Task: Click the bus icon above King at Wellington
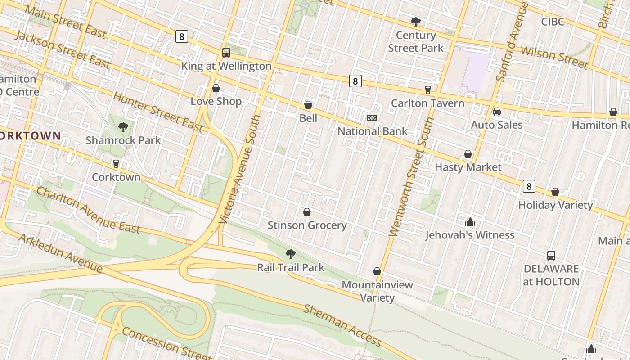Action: tap(226, 53)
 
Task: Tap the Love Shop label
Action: tap(216, 101)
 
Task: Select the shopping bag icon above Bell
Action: tap(308, 105)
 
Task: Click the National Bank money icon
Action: tap(372, 118)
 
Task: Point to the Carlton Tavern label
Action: tap(427, 103)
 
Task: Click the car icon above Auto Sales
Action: tap(497, 111)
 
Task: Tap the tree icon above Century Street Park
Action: tap(416, 22)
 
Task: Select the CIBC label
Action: tap(553, 22)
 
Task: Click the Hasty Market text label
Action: tap(468, 167)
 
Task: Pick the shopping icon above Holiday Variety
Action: tap(555, 192)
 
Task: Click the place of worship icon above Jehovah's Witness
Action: tap(470, 222)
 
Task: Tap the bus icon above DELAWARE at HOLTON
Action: tap(551, 255)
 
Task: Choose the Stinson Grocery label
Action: tap(307, 225)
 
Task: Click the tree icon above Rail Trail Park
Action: tap(291, 254)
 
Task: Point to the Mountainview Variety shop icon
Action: tap(377, 271)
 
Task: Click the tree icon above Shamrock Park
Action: tap(123, 127)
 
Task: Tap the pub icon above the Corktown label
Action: tap(116, 164)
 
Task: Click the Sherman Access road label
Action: tap(342, 325)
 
